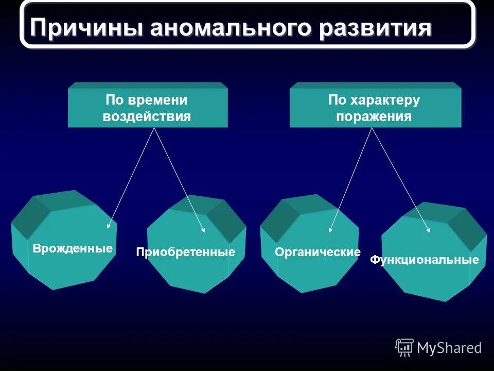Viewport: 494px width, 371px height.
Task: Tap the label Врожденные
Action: click(x=73, y=249)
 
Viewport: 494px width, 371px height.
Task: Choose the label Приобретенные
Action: click(x=185, y=252)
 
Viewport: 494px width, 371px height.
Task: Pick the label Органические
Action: click(x=317, y=252)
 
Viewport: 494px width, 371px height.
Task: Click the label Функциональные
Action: click(x=425, y=260)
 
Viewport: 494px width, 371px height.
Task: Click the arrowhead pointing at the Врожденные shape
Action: click(x=109, y=226)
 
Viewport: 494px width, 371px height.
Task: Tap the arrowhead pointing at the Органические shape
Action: click(x=330, y=230)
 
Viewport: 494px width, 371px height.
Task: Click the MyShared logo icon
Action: click(x=404, y=348)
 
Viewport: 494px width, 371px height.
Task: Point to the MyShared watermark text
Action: click(x=449, y=348)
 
